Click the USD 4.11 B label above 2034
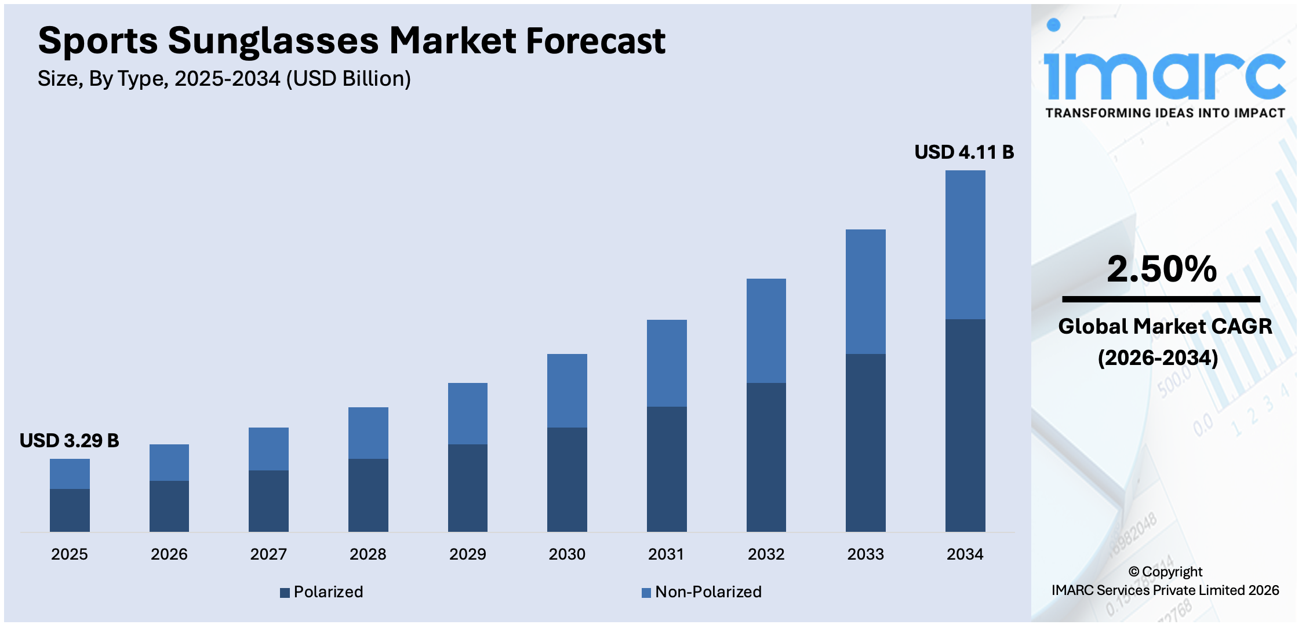(964, 152)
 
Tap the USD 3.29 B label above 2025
(69, 440)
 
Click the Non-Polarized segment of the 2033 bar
(865, 291)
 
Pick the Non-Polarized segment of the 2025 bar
(70, 473)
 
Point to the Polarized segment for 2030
(566, 479)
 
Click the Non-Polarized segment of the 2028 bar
(368, 433)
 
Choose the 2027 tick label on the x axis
(268, 554)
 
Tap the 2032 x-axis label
(766, 554)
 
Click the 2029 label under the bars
(467, 554)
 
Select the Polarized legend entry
(322, 592)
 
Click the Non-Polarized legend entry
(702, 592)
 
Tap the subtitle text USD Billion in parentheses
(348, 79)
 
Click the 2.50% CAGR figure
(1161, 269)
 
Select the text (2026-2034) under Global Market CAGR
(1158, 357)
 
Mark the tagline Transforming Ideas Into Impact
(1165, 113)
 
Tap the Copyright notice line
(1165, 572)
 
